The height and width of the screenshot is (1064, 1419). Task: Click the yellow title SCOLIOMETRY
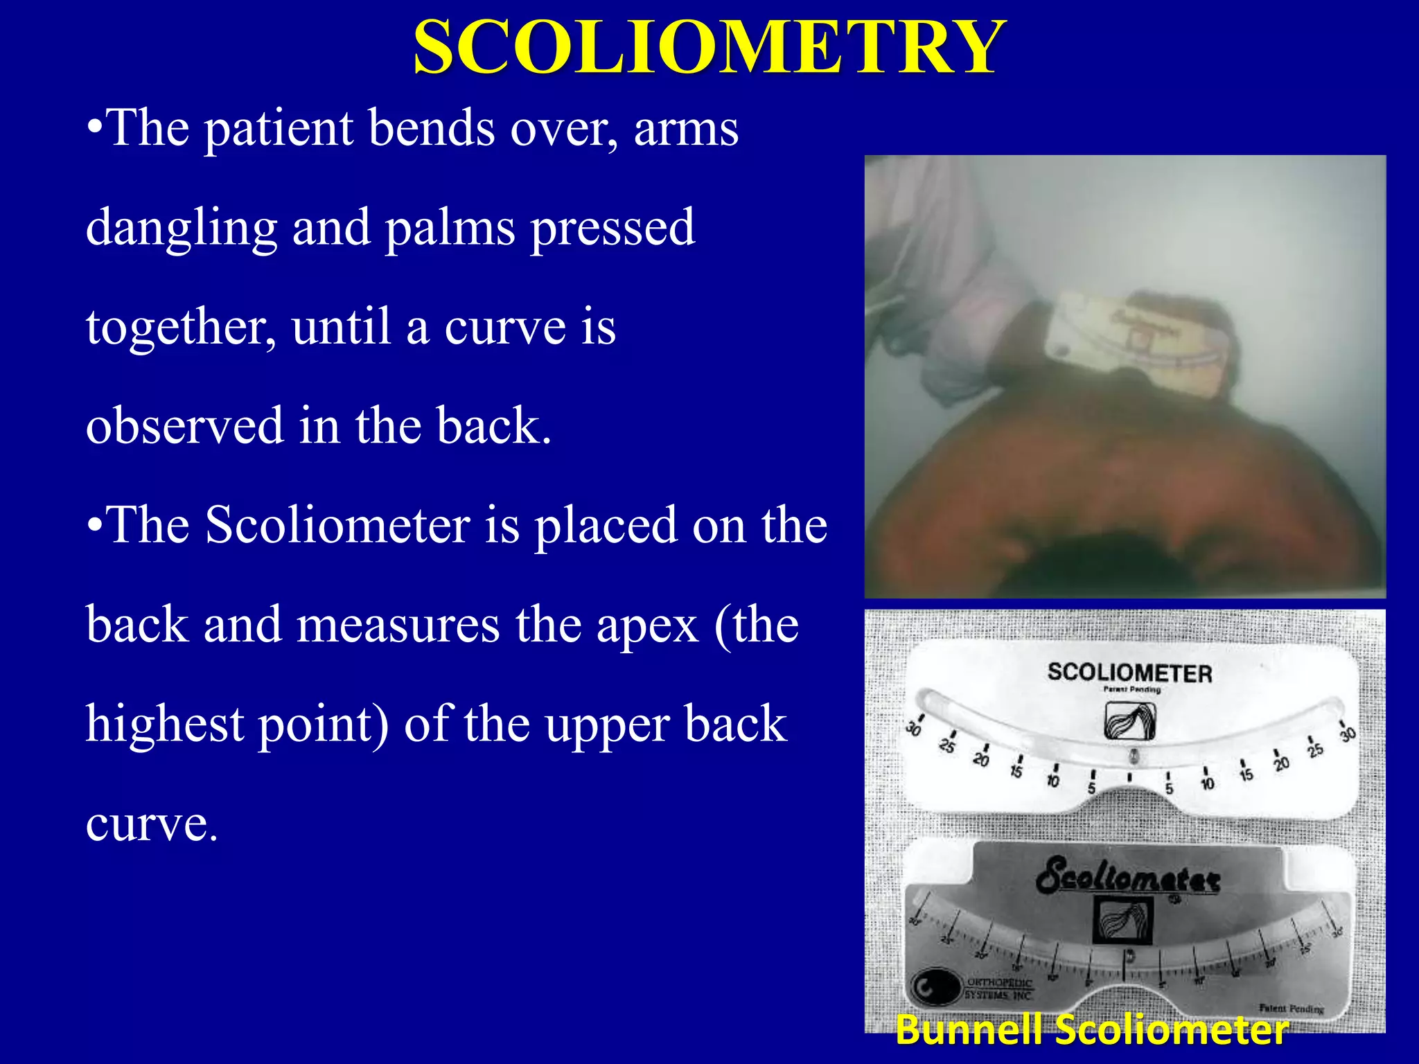point(708,47)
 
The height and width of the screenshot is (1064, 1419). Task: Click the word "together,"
point(181,327)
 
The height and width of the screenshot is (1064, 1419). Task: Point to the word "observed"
point(184,425)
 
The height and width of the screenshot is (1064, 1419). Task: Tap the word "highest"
point(165,725)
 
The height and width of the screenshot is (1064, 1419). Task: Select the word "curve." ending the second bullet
point(152,824)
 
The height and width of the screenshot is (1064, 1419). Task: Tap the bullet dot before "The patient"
point(95,129)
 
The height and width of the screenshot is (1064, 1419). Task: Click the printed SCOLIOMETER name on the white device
point(1129,673)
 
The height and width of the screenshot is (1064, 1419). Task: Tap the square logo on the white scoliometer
point(1129,720)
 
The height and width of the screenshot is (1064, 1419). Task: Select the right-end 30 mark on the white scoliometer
point(1347,733)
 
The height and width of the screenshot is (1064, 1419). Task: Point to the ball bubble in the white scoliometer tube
point(1134,756)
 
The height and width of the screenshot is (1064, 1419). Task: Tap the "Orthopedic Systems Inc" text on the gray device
point(998,988)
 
